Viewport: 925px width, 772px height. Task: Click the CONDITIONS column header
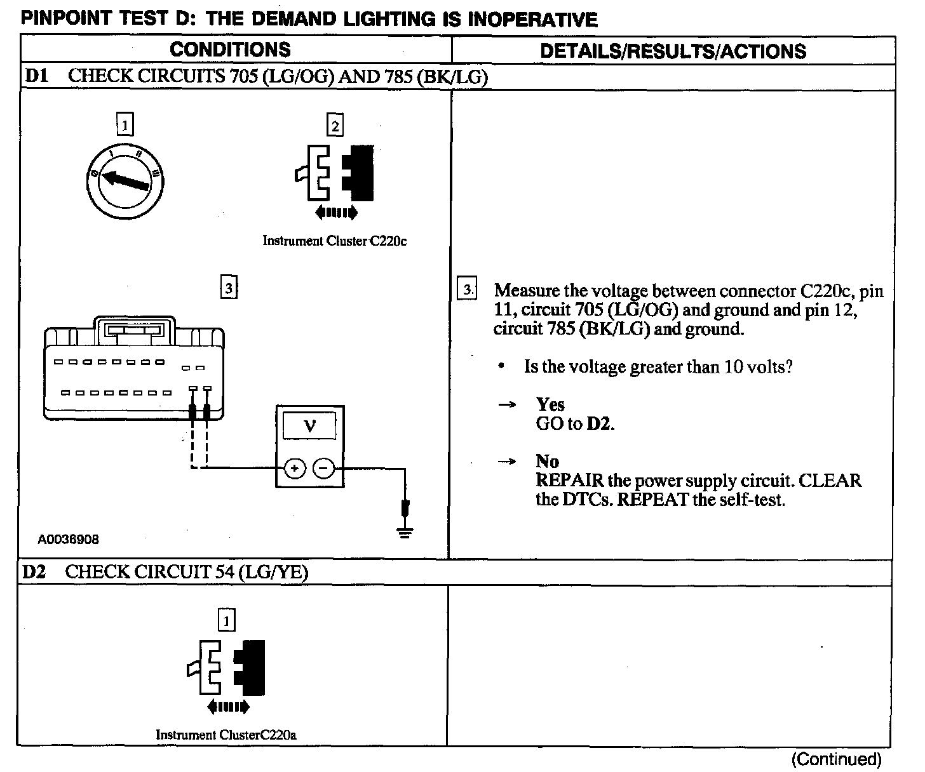pos(230,50)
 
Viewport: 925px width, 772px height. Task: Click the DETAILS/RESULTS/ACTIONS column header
pos(673,51)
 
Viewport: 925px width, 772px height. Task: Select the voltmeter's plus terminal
pos(294,469)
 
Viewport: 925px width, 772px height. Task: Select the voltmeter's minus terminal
pos(324,469)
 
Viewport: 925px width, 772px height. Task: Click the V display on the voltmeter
pos(309,425)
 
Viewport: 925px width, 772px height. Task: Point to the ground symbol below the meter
pos(405,531)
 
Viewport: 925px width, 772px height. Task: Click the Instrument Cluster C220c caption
pos(335,241)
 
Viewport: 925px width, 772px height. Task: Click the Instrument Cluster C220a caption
pos(226,735)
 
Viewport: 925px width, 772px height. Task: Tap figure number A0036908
pos(68,540)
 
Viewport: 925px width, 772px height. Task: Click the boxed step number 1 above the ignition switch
pos(125,125)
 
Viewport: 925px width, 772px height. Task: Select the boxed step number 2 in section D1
pos(335,125)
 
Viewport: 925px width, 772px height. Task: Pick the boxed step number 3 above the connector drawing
pos(228,288)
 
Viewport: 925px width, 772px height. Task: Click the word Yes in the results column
pos(550,404)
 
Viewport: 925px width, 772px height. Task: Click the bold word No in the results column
pos(547,461)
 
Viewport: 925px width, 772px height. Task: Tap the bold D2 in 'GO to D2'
pos(599,423)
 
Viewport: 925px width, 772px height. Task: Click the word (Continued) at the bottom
pos(836,759)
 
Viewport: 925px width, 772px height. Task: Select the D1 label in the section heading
pos(36,76)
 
